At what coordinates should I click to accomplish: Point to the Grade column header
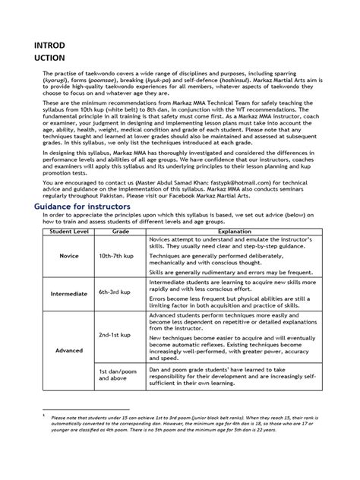120,231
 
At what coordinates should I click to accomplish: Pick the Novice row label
69,256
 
